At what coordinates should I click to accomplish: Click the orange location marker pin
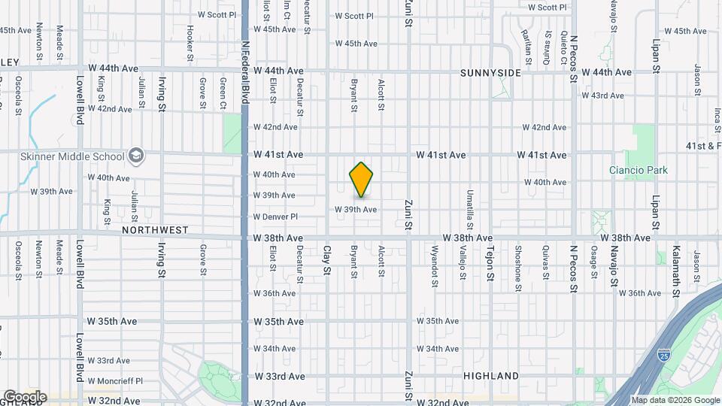(362, 179)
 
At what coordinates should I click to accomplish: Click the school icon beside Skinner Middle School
(136, 156)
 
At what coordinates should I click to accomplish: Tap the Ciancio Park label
(638, 170)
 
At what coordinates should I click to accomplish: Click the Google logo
(24, 396)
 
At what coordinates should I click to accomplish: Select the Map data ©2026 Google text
(675, 400)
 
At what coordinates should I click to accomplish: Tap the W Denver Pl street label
(275, 217)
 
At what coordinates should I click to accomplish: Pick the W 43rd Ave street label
(602, 95)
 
